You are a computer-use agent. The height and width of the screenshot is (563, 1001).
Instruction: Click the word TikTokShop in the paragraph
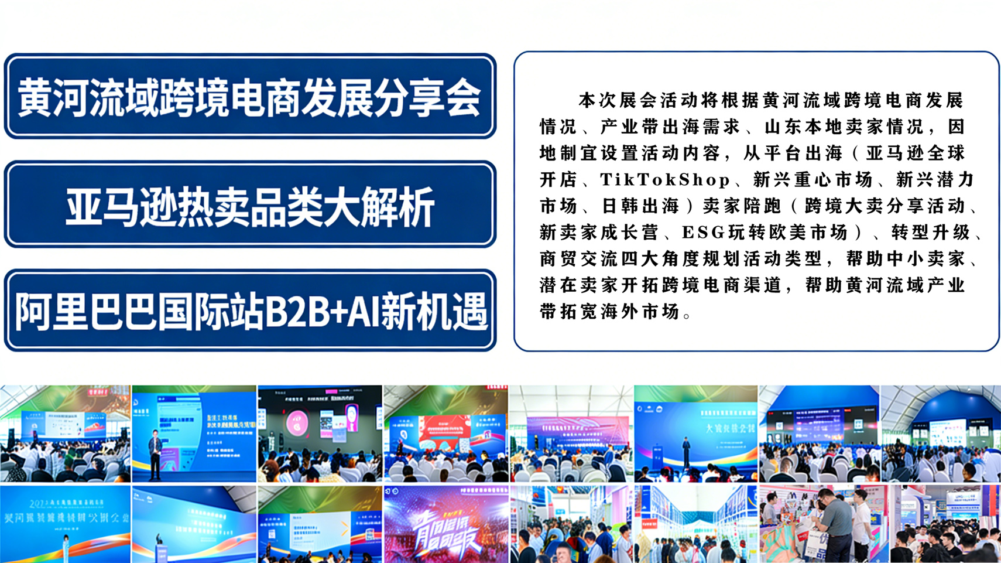(665, 180)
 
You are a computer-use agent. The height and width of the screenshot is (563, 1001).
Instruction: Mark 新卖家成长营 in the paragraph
(599, 233)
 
